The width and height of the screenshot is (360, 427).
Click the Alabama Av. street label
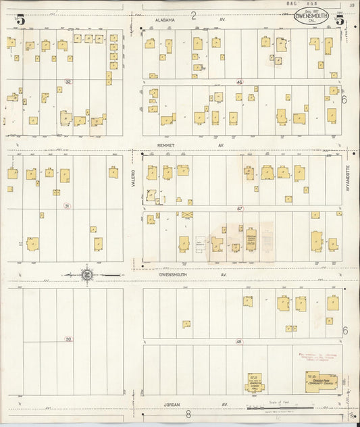coord(165,20)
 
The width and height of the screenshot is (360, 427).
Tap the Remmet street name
coord(166,145)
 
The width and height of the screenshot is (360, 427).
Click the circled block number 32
coord(67,82)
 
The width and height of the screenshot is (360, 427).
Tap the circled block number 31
coord(66,205)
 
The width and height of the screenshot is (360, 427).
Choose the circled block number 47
coord(239,209)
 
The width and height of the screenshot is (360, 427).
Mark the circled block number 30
coord(67,338)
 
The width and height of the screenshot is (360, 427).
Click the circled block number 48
coord(239,341)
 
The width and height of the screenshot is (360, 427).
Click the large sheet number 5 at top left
coord(21,20)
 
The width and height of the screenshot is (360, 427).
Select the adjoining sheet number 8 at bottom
coord(188,413)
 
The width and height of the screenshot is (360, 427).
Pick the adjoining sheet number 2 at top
coord(193,16)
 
